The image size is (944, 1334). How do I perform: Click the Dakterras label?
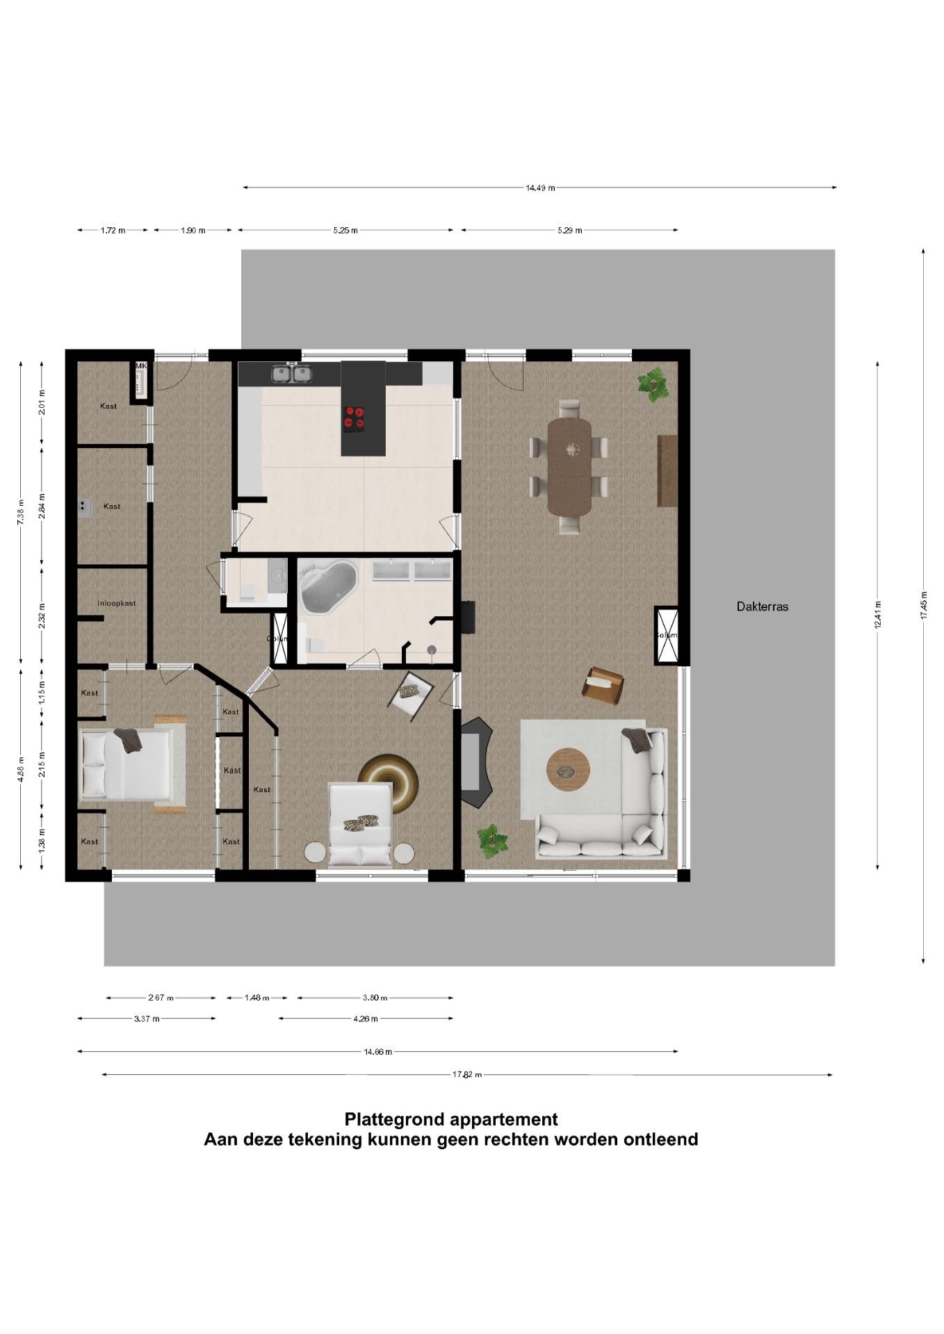click(762, 607)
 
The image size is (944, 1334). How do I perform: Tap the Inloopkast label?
click(117, 603)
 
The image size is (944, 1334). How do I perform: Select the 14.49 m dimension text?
click(540, 188)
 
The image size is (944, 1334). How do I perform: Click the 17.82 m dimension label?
click(466, 1074)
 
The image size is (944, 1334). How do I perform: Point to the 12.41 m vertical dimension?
click(878, 615)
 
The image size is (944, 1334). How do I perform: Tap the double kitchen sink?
click(292, 374)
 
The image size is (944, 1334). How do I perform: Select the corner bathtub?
click(327, 588)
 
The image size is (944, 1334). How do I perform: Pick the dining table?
click(569, 466)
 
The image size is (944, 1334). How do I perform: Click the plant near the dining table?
click(653, 383)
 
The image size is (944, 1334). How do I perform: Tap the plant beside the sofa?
click(492, 841)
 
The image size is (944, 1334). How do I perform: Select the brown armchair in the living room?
click(602, 685)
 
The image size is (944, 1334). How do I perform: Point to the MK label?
click(141, 366)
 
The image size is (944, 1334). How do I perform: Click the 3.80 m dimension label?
click(375, 998)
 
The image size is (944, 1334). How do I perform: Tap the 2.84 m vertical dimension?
click(42, 506)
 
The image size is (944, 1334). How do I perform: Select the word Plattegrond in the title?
click(394, 1119)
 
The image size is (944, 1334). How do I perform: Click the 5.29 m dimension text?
click(569, 231)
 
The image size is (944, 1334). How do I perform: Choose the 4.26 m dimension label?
click(366, 1019)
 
